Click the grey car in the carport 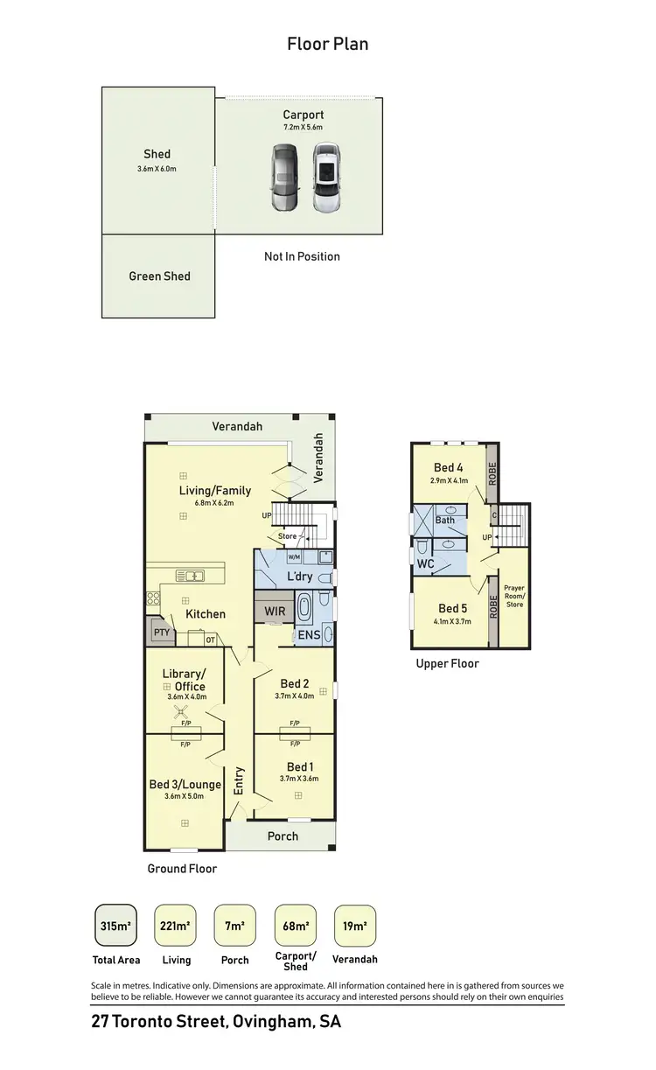(284, 178)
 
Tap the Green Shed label (159, 276)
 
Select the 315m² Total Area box (116, 927)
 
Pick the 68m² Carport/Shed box (296, 927)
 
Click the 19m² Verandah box (355, 927)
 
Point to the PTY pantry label (161, 631)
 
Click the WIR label (275, 611)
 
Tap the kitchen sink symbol (190, 576)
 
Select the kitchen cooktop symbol (153, 599)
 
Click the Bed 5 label (452, 609)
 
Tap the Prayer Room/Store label (514, 597)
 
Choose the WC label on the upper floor (426, 564)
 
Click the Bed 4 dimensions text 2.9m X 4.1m (449, 480)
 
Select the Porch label (283, 836)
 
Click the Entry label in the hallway (239, 781)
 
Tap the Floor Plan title (328, 44)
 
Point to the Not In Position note (302, 256)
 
